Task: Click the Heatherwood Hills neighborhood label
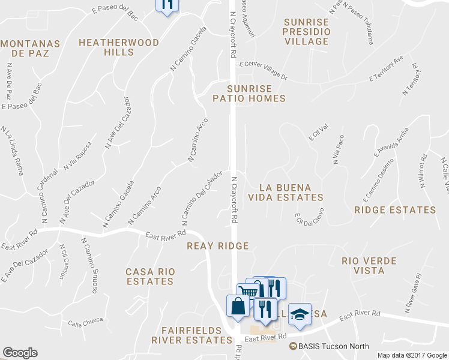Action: (x=119, y=47)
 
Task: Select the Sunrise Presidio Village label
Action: (x=307, y=32)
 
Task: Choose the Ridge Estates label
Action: (x=395, y=210)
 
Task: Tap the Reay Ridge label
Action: (x=217, y=246)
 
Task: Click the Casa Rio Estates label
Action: (x=150, y=276)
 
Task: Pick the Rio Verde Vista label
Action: (x=370, y=266)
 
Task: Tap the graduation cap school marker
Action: (x=300, y=314)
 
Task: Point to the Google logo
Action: (x=20, y=353)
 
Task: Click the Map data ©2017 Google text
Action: (x=412, y=355)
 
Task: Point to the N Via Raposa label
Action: (x=78, y=155)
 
